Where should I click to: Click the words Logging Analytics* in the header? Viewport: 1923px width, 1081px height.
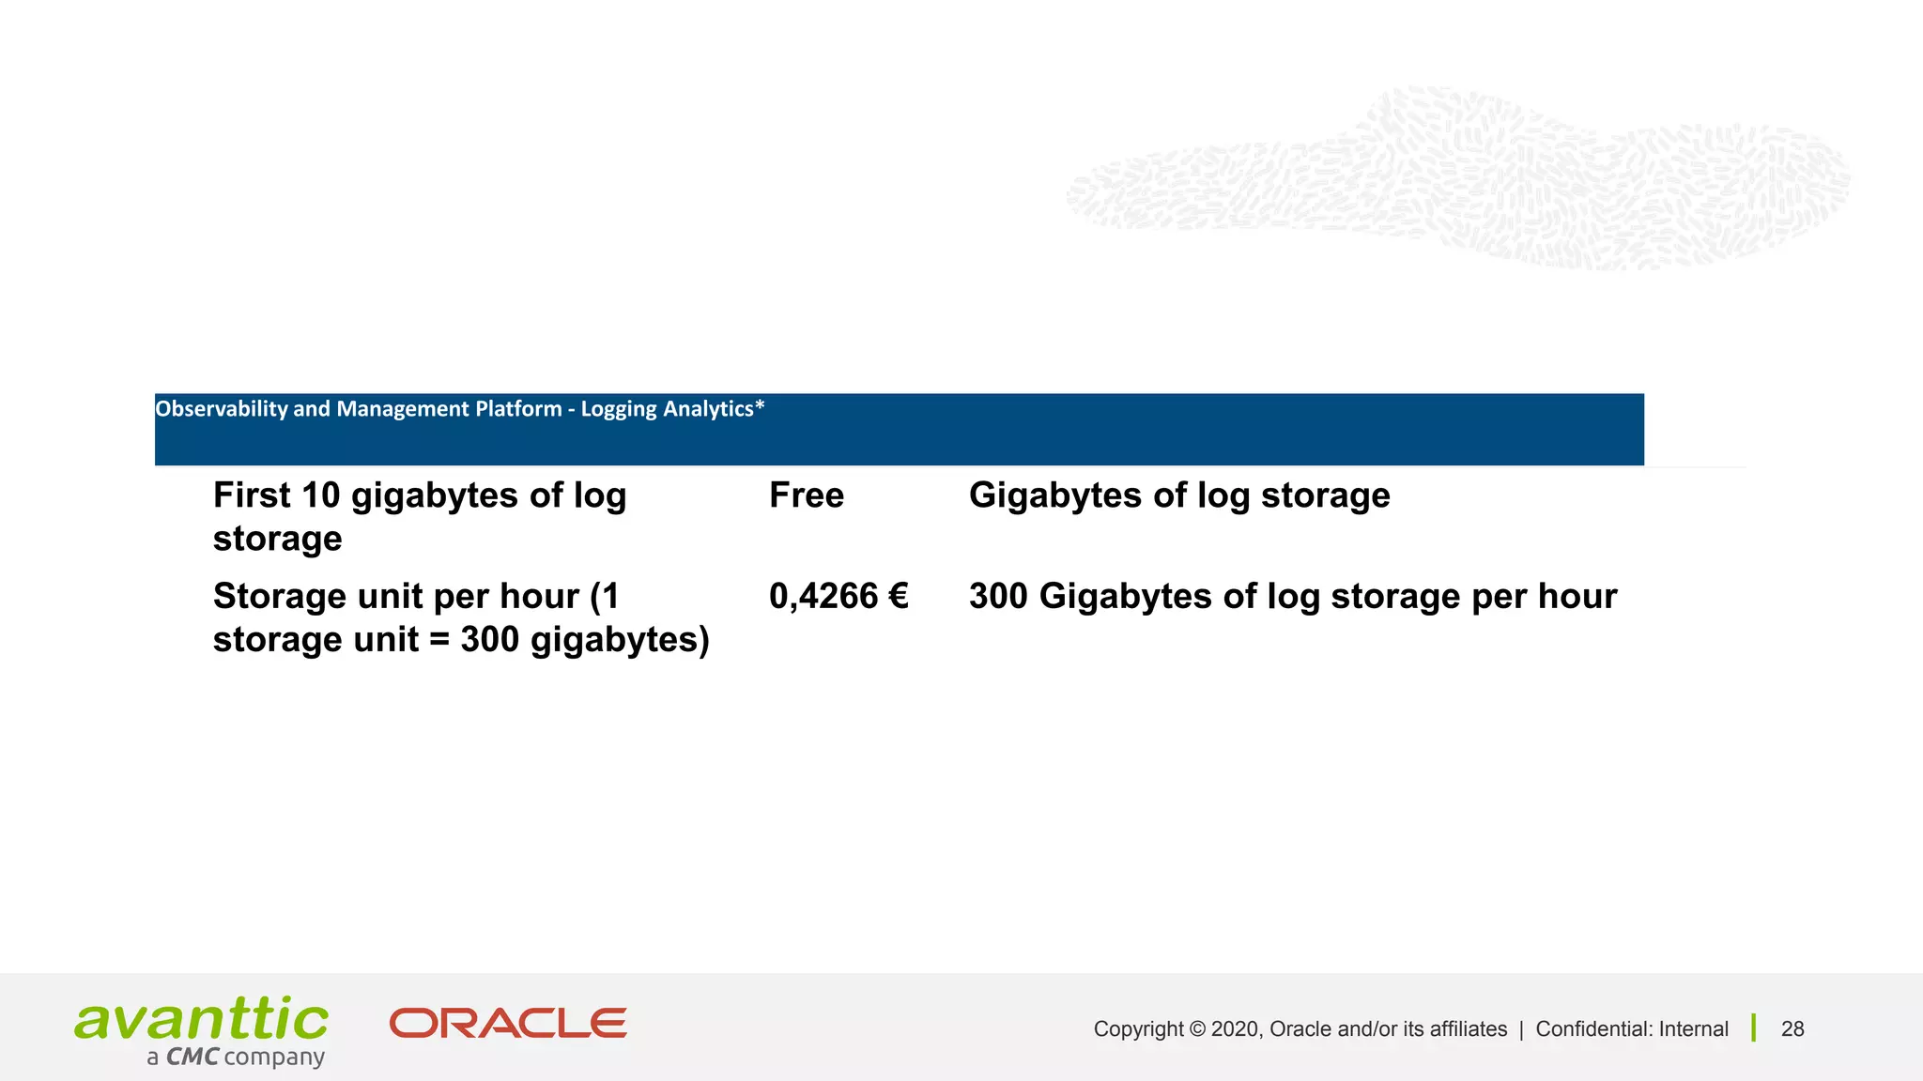tap(672, 409)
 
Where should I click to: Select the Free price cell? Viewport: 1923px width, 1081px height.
tap(806, 495)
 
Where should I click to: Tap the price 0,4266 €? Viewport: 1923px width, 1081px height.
tap(838, 597)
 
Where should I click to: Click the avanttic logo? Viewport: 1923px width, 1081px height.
tap(202, 1020)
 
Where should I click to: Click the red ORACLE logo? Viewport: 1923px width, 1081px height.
tap(508, 1024)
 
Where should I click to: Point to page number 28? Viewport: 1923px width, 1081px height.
tap(1792, 1029)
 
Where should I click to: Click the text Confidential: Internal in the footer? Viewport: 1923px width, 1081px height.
tap(1631, 1029)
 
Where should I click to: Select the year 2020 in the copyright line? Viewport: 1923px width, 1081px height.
tap(1235, 1029)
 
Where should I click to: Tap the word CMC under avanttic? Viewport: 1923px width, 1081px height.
tap(192, 1058)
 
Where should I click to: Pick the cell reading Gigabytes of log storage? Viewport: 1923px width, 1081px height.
tap(1178, 495)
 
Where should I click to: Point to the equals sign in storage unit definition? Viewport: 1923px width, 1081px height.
tap(438, 641)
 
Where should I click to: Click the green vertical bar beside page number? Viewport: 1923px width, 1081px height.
tap(1754, 1028)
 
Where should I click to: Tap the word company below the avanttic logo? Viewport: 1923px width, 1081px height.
tap(274, 1058)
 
